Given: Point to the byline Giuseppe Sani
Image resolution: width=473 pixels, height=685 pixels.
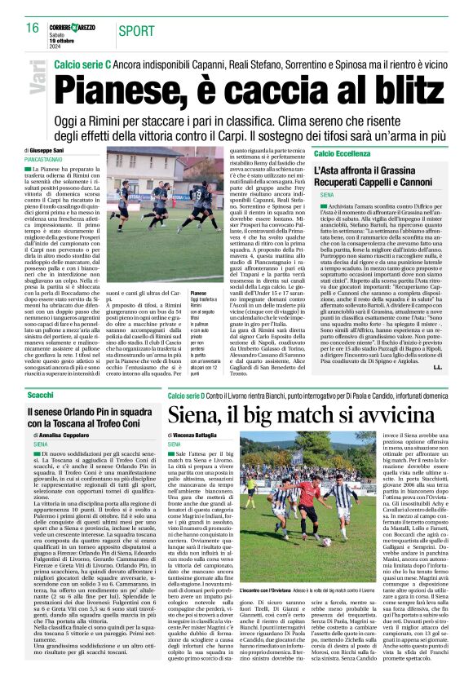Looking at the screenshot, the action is click(51, 152).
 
